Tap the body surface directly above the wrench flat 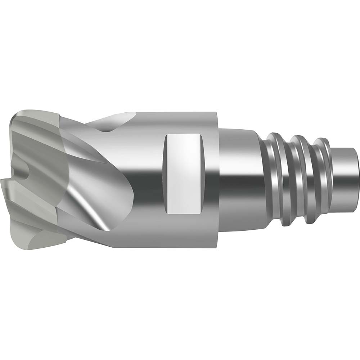click(x=183, y=122)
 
